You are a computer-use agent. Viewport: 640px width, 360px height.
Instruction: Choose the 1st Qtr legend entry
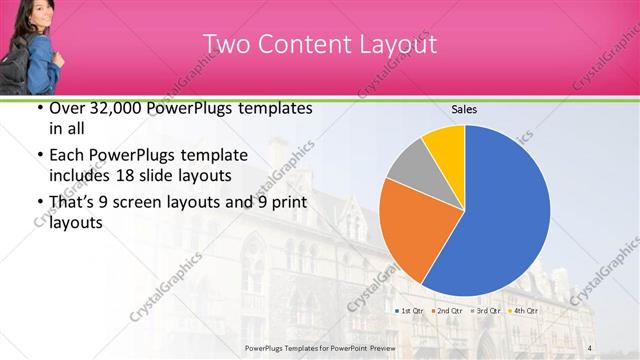(x=413, y=311)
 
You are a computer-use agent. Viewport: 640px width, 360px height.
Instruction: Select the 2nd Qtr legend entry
(x=450, y=311)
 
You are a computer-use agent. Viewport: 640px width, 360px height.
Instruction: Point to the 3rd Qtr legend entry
(x=488, y=311)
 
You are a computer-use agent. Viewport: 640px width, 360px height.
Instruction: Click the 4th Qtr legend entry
(x=525, y=311)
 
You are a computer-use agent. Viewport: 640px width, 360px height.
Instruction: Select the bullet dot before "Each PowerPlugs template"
(x=39, y=155)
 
